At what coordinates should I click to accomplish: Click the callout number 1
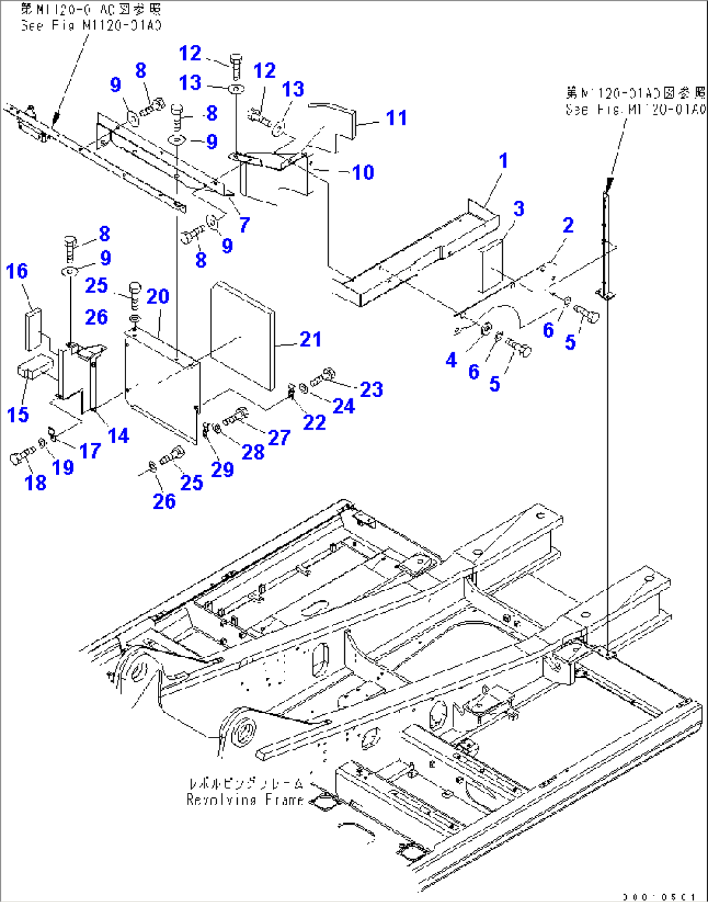[503, 161]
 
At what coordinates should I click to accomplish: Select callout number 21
[310, 339]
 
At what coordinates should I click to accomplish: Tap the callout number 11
[396, 118]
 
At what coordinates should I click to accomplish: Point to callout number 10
[363, 172]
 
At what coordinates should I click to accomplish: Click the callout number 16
[17, 271]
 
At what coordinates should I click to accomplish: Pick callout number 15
[18, 414]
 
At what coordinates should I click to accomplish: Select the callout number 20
[158, 296]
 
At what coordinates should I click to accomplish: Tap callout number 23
[371, 389]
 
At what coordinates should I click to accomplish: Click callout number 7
[244, 225]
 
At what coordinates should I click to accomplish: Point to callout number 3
[518, 209]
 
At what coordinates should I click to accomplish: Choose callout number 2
[568, 225]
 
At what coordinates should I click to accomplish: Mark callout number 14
[118, 435]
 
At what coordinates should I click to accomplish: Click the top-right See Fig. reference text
[635, 101]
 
